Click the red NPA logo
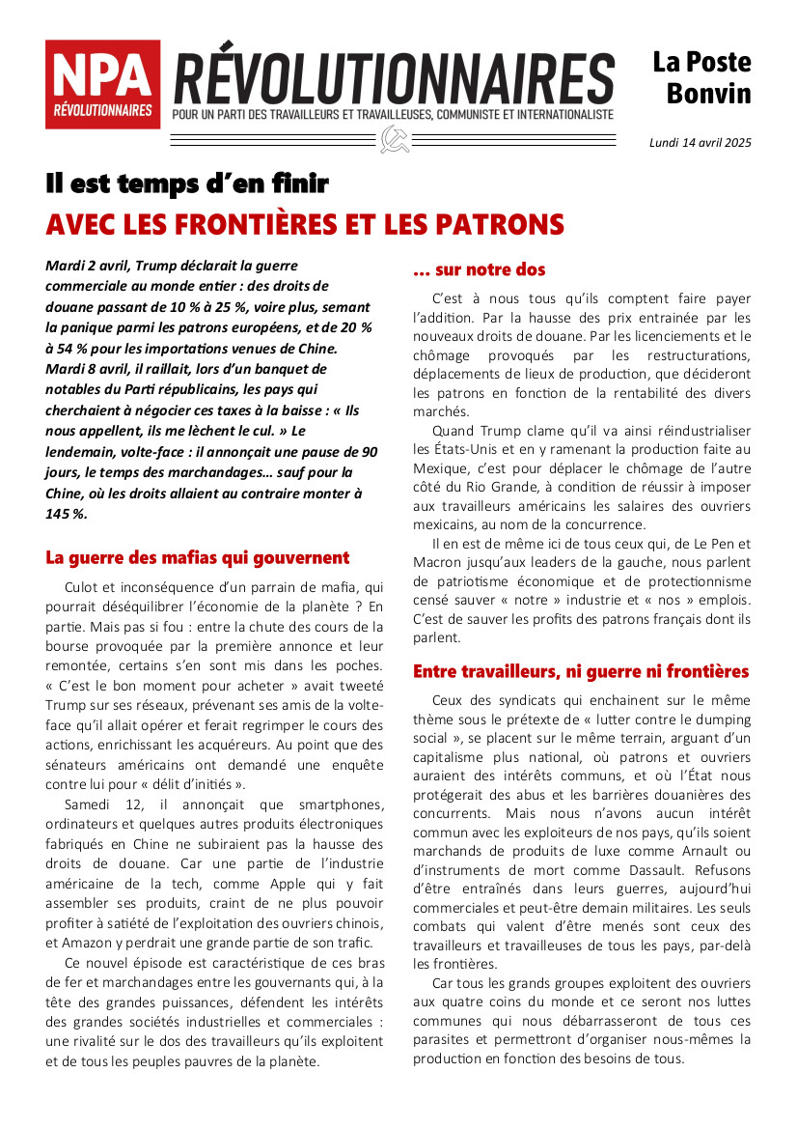(x=102, y=84)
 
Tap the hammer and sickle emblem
(x=394, y=139)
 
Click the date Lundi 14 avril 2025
(x=701, y=143)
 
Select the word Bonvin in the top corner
(x=708, y=94)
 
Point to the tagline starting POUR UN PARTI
(x=393, y=115)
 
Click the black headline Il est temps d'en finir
(x=187, y=183)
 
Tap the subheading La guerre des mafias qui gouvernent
(x=197, y=557)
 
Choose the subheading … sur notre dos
(x=479, y=269)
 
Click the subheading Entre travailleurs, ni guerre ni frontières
(x=581, y=670)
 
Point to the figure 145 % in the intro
(x=67, y=514)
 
